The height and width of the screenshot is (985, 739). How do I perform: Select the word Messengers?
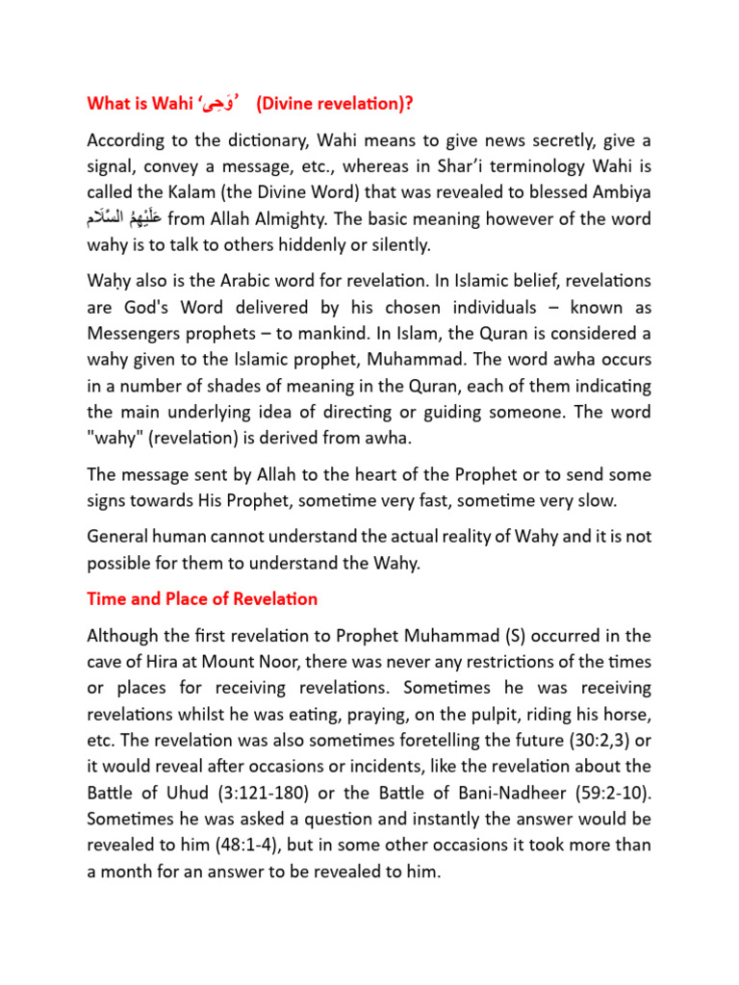[x=135, y=334]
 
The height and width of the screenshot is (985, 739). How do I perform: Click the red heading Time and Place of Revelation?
[x=202, y=598]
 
